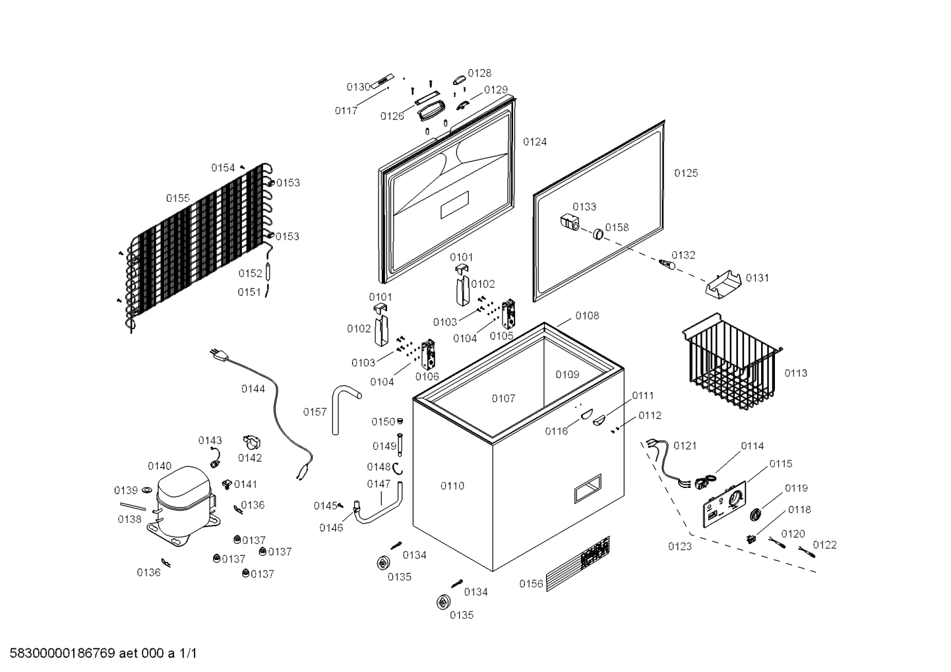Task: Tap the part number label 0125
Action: pyautogui.click(x=686, y=173)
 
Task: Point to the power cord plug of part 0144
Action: pyautogui.click(x=220, y=355)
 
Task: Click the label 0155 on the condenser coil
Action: pyautogui.click(x=178, y=199)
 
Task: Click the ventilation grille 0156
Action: pyautogui.click(x=578, y=564)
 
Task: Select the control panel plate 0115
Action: pyautogui.click(x=724, y=504)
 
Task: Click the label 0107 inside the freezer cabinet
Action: pyautogui.click(x=503, y=398)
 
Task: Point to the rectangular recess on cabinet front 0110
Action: pyautogui.click(x=588, y=489)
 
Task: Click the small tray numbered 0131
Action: pyautogui.click(x=723, y=283)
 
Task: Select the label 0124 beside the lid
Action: pyautogui.click(x=535, y=142)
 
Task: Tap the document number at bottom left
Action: pyautogui.click(x=104, y=654)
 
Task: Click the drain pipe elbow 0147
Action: pyautogui.click(x=378, y=505)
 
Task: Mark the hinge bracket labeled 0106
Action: pyautogui.click(x=428, y=354)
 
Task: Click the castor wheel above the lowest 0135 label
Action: pyautogui.click(x=443, y=602)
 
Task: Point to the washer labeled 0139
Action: pyautogui.click(x=147, y=491)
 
